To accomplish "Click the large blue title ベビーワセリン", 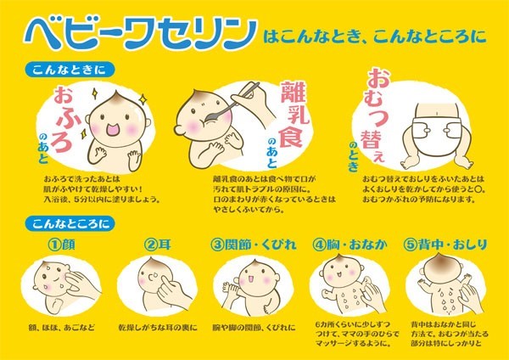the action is [141, 33].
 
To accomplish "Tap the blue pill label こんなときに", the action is [70, 70].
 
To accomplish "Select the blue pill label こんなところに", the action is [70, 223].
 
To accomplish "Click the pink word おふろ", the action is [63, 119].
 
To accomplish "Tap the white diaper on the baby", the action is [437, 131].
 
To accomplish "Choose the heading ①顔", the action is [61, 245].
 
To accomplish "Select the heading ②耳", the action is [157, 245].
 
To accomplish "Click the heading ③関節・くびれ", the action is [254, 245].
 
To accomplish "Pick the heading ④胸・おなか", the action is [350, 245].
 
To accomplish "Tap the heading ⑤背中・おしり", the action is [445, 245].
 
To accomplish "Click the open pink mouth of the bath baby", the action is [115, 130].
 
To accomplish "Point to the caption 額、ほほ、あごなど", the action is [61, 327].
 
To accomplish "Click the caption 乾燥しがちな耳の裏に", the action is [158, 327].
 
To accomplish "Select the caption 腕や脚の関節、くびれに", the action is [255, 327].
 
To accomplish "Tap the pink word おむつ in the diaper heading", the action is [378, 97].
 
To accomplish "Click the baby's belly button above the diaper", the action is [437, 113].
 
